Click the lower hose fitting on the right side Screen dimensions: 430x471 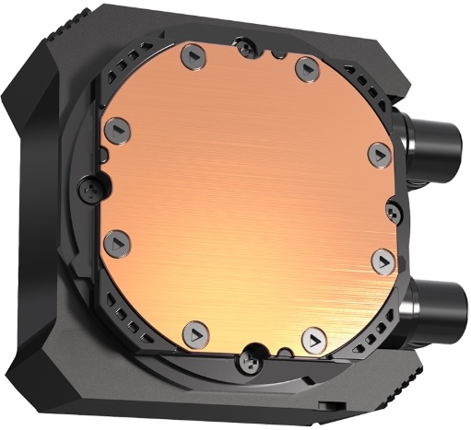point(437,304)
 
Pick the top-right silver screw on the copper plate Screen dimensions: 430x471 point(304,64)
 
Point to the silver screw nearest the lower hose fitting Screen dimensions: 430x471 point(380,260)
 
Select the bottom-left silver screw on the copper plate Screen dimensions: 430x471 point(194,330)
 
